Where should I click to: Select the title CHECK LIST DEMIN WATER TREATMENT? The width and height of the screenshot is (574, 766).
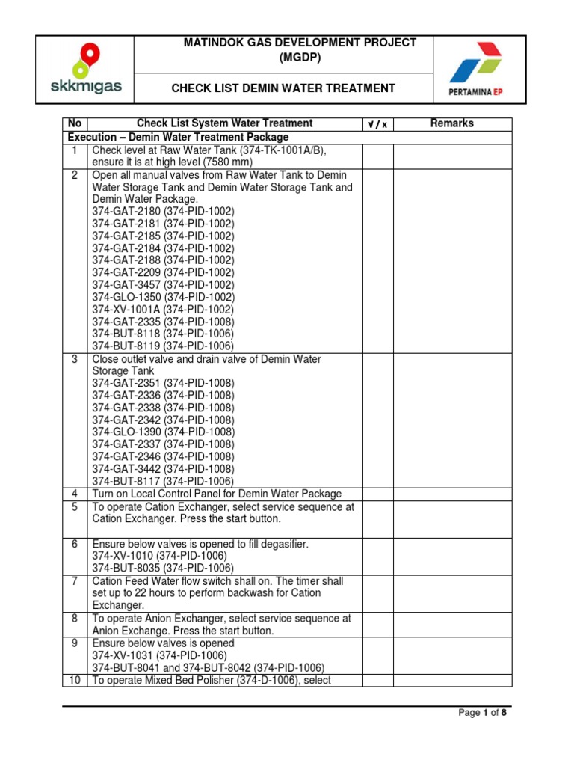pos(283,88)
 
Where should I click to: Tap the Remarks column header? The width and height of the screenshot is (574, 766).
pos(451,123)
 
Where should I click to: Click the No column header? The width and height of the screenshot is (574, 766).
pos(75,123)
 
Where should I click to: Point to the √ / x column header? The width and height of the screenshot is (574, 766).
pos(378,124)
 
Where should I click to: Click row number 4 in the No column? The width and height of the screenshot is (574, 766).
pos(75,494)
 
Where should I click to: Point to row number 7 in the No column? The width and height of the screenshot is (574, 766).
pos(75,581)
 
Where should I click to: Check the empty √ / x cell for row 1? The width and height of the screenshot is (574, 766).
pos(378,156)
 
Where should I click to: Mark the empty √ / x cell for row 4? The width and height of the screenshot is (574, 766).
pos(378,494)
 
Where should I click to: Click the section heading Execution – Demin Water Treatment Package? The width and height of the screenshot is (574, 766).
pos(178,138)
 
